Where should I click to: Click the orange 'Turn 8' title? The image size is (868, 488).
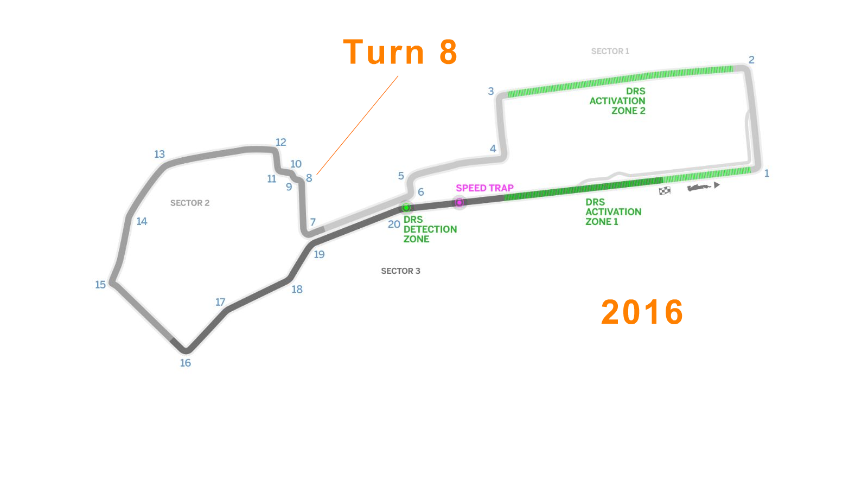[400, 53]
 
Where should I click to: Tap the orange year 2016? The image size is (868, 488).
[642, 312]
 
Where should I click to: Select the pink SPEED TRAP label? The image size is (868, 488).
[484, 188]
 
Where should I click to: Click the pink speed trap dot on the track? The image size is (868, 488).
[459, 202]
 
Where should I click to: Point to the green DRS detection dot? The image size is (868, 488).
[406, 208]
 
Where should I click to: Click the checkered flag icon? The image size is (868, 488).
[665, 190]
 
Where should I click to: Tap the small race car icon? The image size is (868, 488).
[700, 187]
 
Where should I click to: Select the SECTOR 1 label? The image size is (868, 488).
[610, 52]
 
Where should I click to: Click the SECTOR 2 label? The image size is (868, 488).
[190, 203]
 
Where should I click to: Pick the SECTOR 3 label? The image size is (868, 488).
[400, 271]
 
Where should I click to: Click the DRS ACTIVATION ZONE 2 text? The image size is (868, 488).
[618, 101]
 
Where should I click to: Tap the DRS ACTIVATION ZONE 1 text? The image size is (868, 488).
[613, 212]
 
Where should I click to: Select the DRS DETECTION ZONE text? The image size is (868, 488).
[430, 229]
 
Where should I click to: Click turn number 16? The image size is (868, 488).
[186, 363]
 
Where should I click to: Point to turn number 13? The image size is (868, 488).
[159, 154]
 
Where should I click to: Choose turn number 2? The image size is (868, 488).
[751, 60]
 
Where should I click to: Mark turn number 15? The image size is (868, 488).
[100, 285]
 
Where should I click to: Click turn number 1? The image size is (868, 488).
[767, 174]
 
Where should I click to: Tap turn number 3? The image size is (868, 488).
[491, 91]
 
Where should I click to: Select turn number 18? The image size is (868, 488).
[297, 290]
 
